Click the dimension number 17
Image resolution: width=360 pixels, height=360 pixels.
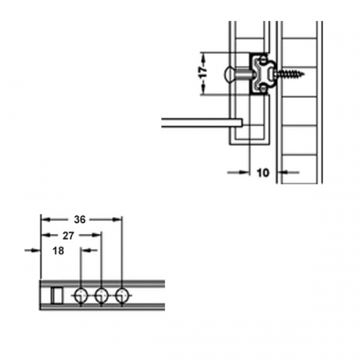[204, 72]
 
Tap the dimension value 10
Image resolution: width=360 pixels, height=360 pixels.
[263, 173]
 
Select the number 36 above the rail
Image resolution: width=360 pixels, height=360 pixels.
[80, 220]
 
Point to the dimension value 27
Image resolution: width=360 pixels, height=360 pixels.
[68, 236]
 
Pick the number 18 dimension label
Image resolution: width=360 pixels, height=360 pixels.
[58, 251]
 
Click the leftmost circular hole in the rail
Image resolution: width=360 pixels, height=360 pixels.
[81, 296]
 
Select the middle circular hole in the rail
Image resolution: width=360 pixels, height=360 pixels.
[102, 296]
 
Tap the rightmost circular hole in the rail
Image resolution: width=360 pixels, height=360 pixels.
[122, 296]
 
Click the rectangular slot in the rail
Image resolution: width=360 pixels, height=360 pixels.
[57, 296]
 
